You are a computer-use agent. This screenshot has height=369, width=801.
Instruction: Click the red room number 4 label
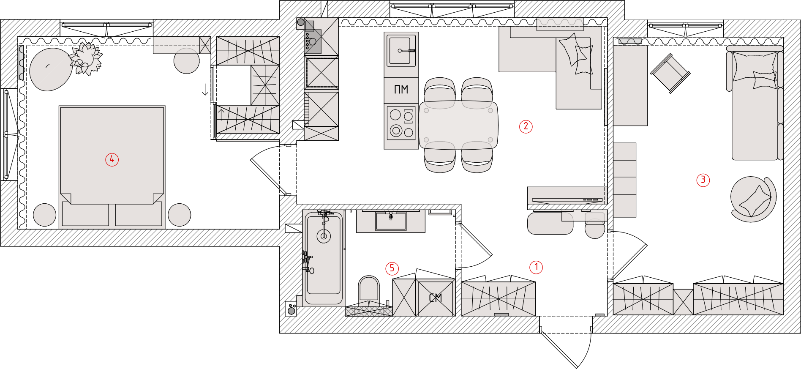(112, 159)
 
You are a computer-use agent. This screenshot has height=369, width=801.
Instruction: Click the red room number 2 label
(526, 126)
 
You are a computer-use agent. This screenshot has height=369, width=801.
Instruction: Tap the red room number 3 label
(703, 180)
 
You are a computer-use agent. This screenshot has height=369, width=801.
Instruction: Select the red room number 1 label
(536, 267)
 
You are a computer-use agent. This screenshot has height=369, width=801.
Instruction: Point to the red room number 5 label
(392, 268)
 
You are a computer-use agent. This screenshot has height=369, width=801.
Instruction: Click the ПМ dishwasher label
(401, 90)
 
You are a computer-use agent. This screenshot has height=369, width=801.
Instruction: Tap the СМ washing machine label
(436, 298)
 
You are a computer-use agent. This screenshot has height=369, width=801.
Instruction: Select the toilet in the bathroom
(369, 290)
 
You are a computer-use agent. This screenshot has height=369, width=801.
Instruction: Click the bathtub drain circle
(324, 236)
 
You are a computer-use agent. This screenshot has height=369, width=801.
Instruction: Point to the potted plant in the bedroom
(87, 58)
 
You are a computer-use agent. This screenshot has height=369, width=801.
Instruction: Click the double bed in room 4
(112, 165)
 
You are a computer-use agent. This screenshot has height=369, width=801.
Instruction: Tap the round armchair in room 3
(753, 199)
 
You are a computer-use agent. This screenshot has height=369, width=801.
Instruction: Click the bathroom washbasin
(391, 221)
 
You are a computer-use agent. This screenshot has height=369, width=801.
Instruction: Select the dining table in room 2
(458, 125)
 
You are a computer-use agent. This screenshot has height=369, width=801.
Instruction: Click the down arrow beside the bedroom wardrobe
(205, 89)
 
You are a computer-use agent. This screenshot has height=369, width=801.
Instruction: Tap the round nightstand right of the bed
(180, 215)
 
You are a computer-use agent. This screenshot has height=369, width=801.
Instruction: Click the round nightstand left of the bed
(44, 215)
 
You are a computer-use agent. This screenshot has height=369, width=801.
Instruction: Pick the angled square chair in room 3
(670, 73)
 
